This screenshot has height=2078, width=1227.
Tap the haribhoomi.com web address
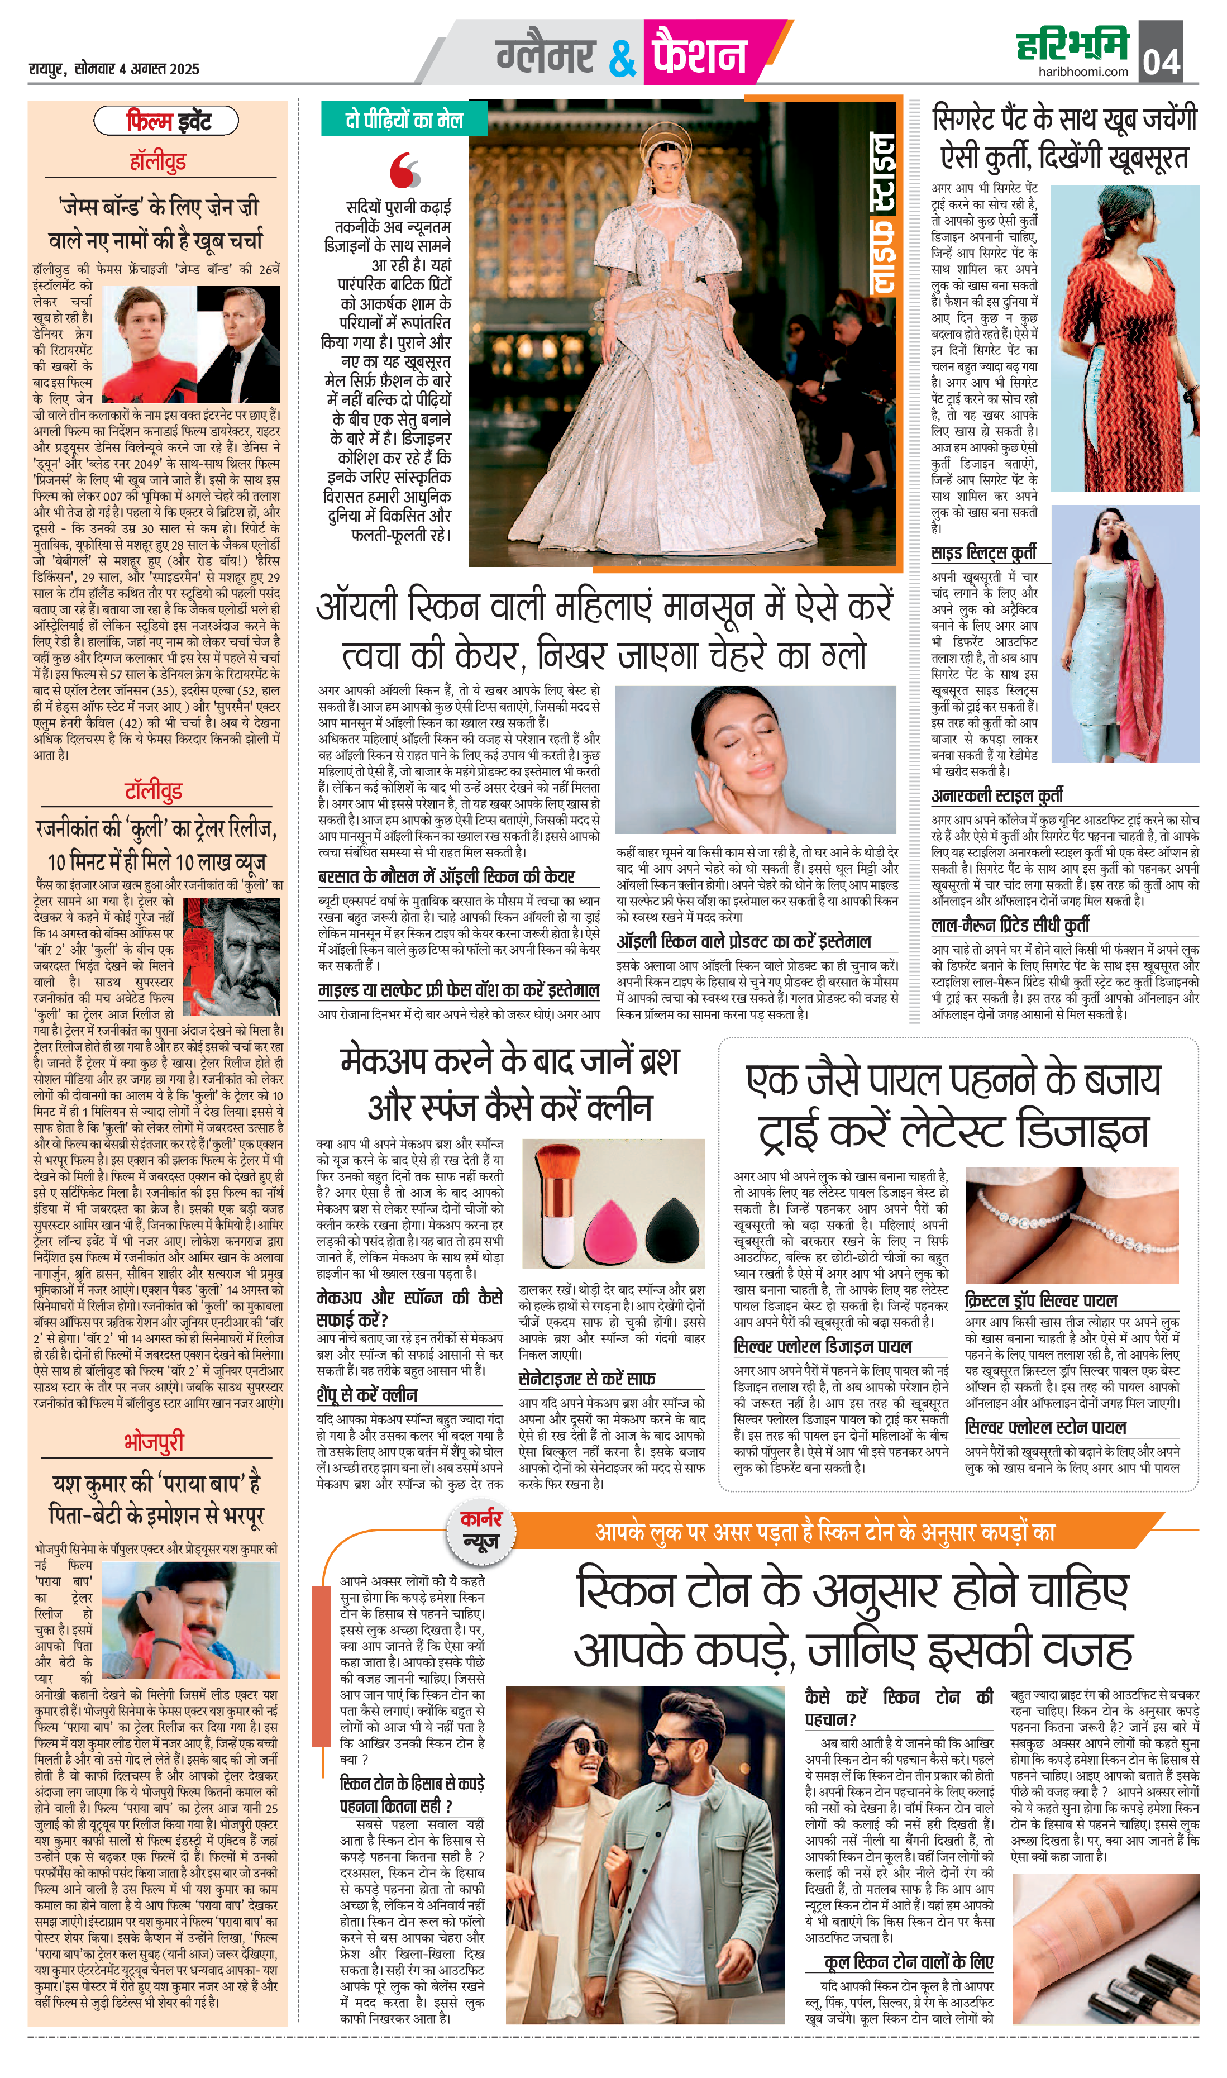(1083, 71)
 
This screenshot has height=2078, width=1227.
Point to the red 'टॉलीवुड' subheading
(153, 790)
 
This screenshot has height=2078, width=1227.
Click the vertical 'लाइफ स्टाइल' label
(882, 213)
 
